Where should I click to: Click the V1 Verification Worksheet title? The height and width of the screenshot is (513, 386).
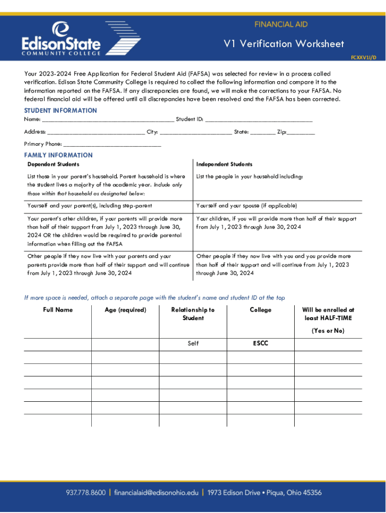(x=284, y=44)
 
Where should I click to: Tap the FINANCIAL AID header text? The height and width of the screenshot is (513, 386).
(x=281, y=24)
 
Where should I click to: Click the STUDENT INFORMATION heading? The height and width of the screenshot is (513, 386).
(x=61, y=111)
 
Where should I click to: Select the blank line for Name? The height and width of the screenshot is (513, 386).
(x=108, y=120)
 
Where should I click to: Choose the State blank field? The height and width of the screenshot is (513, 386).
(x=263, y=133)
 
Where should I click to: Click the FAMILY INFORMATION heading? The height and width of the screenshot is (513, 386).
(x=58, y=155)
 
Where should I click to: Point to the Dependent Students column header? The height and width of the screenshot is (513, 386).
(x=53, y=164)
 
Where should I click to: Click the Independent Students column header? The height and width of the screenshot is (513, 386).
(x=224, y=164)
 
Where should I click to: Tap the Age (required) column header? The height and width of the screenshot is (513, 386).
(x=125, y=310)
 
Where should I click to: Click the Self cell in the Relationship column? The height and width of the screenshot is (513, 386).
(x=193, y=344)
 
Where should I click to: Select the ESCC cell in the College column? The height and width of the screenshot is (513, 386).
(x=260, y=344)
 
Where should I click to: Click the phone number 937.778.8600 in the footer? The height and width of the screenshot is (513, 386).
(x=86, y=492)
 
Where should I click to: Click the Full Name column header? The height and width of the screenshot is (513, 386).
(x=58, y=310)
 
